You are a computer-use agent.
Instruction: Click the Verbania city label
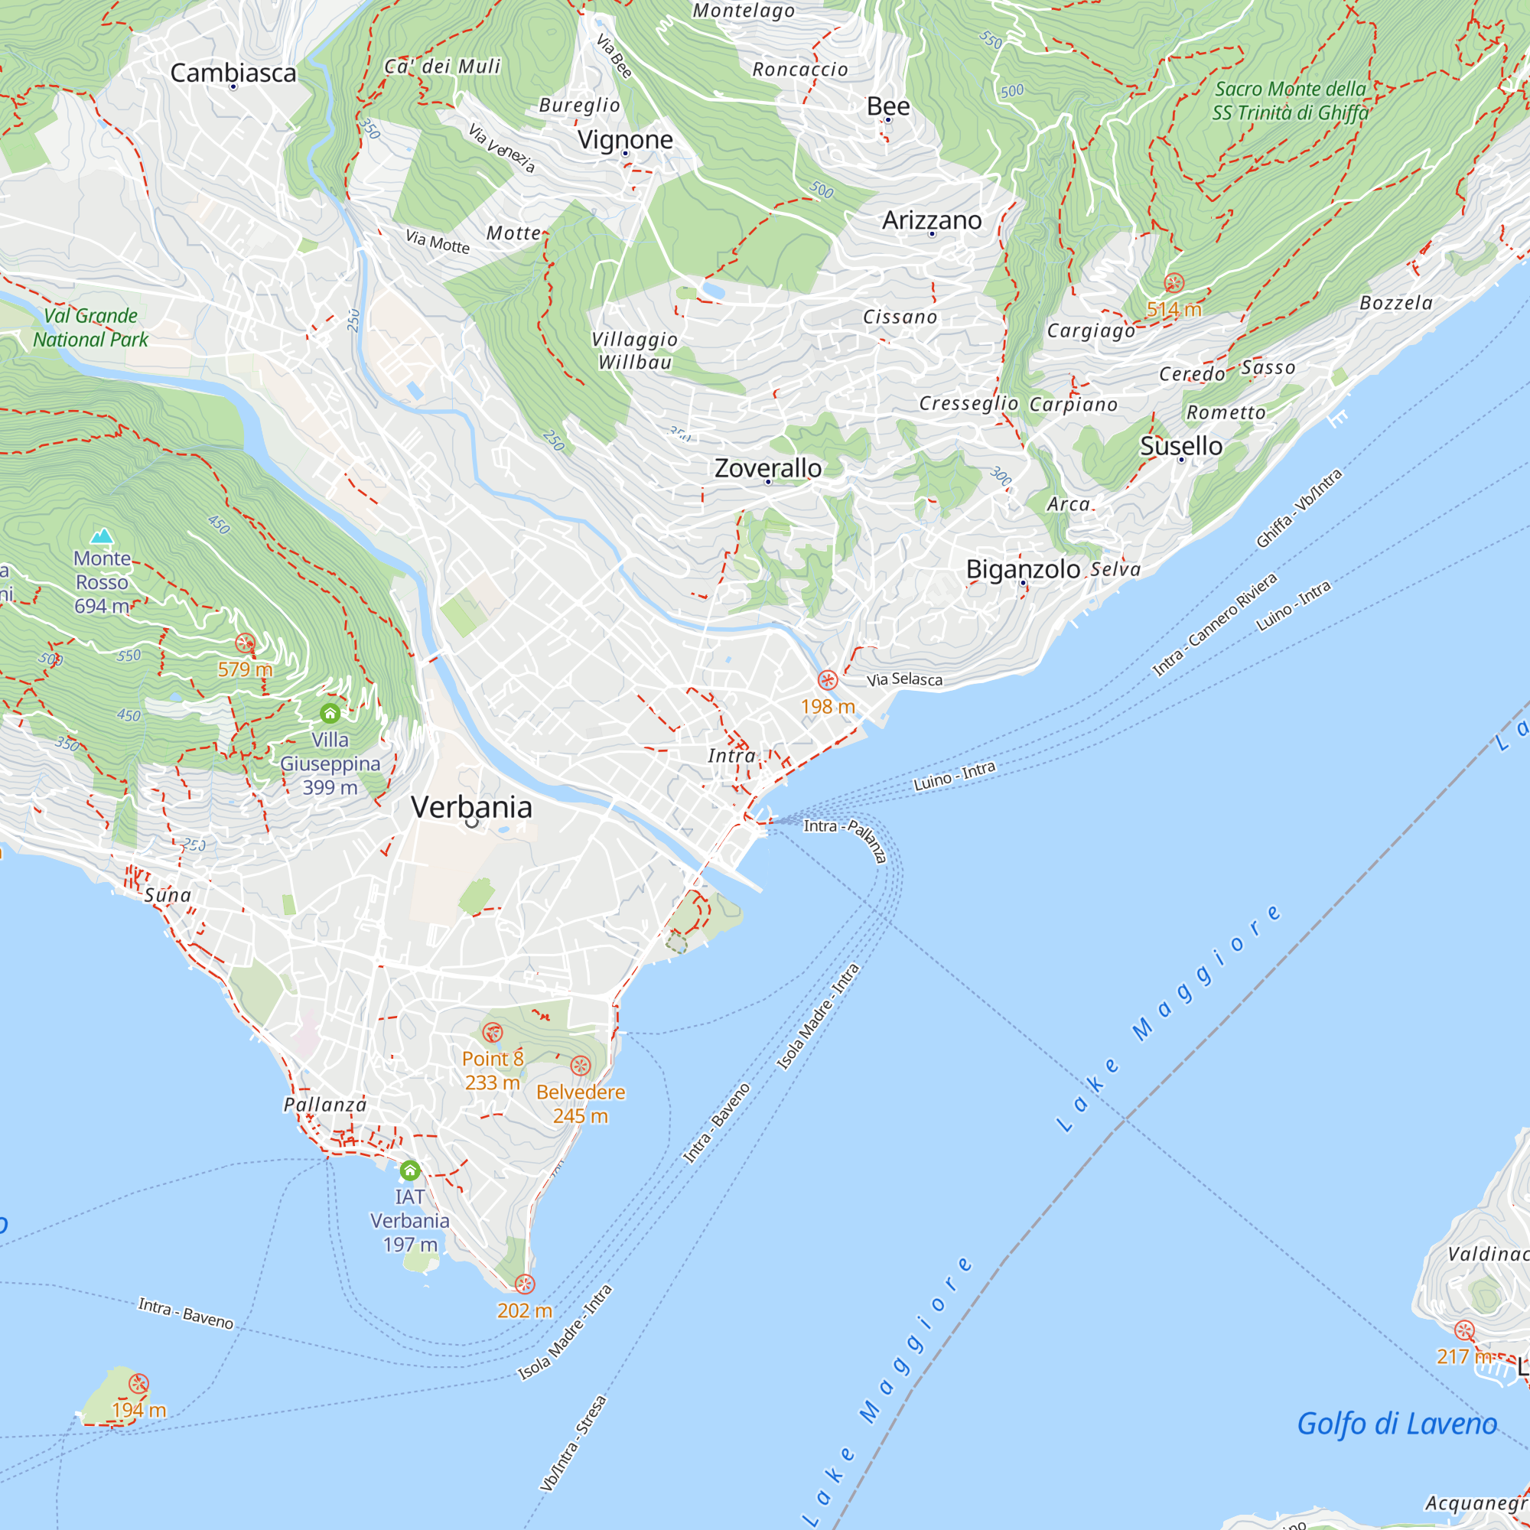471,807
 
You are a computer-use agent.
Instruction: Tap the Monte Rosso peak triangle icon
102,537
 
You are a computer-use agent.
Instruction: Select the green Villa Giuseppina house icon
330,714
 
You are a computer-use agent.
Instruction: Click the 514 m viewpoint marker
1174,283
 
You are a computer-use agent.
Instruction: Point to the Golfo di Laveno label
1396,1424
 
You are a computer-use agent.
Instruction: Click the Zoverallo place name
767,468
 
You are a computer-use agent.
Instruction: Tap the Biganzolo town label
1022,569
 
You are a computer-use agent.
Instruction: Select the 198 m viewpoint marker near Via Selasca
827,680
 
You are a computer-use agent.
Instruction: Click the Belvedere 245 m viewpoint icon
581,1066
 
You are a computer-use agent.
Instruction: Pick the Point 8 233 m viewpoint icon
493,1033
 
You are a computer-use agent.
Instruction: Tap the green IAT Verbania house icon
409,1170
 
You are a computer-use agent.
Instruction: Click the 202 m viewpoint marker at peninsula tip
524,1284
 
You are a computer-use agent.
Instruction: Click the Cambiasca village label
233,73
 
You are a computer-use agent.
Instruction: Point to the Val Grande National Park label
90,327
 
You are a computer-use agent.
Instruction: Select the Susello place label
1180,446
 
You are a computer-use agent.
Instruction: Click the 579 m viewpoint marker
246,643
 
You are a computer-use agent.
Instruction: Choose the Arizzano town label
931,220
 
